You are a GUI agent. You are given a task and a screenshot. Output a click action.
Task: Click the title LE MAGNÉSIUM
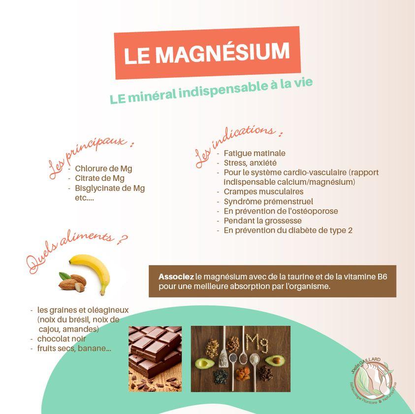(x=207, y=53)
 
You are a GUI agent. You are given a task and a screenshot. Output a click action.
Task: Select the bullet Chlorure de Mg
(x=103, y=169)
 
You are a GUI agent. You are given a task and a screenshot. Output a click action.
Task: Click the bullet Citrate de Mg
(x=99, y=178)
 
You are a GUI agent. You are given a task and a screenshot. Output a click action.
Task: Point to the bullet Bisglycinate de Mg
(x=110, y=188)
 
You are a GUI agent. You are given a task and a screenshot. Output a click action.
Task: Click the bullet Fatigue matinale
(x=254, y=153)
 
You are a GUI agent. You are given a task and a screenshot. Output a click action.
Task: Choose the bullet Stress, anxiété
(x=250, y=163)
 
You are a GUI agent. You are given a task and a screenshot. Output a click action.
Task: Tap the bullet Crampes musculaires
(x=263, y=192)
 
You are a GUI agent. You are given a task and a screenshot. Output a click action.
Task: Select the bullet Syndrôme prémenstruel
(x=268, y=202)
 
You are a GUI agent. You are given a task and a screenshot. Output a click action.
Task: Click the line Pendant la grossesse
(x=262, y=221)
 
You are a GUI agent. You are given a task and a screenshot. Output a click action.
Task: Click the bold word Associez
(x=176, y=277)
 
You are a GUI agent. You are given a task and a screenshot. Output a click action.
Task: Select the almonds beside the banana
(x=72, y=281)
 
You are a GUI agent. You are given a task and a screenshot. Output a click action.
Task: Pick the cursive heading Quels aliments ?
(x=76, y=252)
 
